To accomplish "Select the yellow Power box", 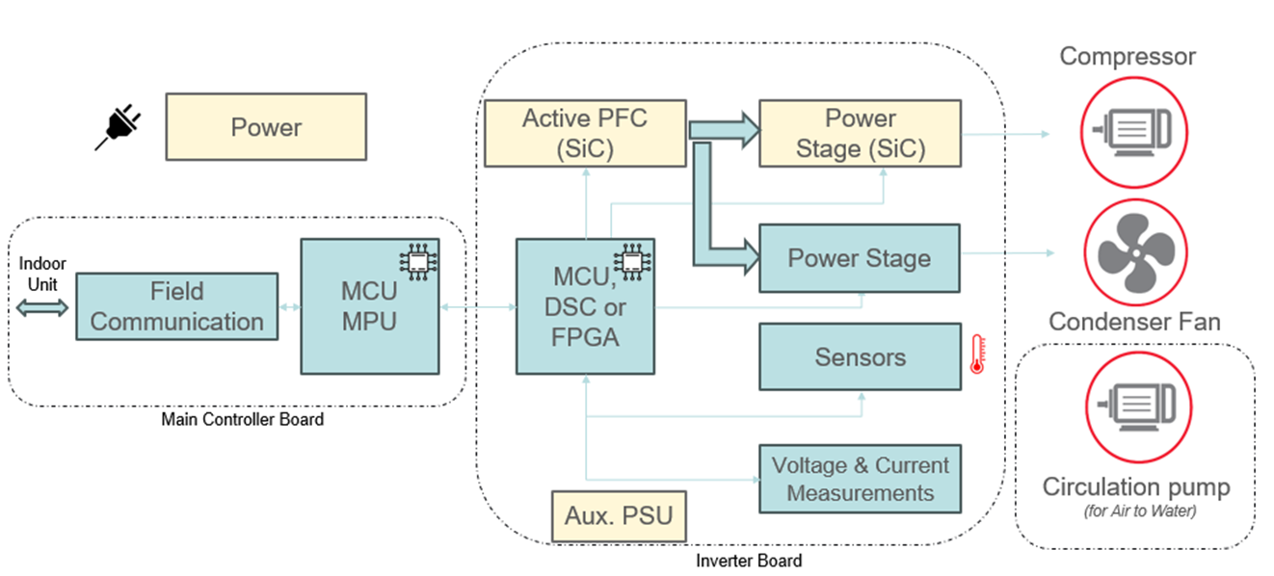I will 266,126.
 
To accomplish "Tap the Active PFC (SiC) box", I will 585,133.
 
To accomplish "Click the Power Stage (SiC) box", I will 860,133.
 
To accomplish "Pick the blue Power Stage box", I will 860,258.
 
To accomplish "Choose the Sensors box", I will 860,357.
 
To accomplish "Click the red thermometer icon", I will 978,353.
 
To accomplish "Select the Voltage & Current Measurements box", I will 860,479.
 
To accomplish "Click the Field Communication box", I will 176,306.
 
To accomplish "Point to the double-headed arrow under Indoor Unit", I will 42,307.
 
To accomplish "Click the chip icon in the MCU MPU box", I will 416,262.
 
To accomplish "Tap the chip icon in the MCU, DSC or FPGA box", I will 631,262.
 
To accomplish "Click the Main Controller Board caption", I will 242,420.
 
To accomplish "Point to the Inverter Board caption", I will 748,561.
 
